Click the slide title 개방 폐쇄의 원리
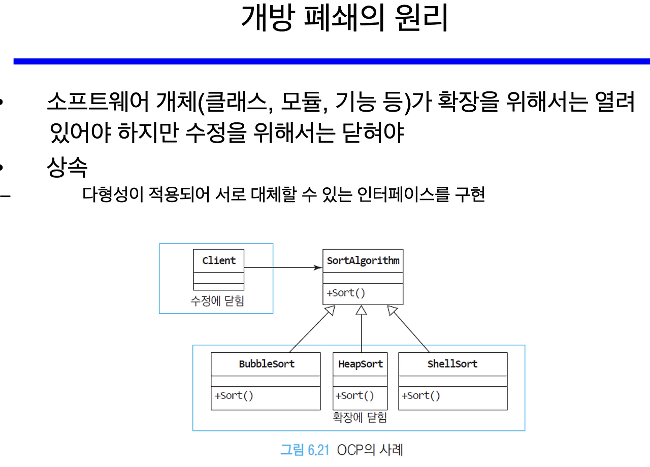tap(344, 19)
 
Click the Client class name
tap(219, 260)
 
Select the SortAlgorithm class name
tap(363, 261)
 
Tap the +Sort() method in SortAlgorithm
tap(346, 293)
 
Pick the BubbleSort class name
tap(267, 364)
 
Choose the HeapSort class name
tap(360, 364)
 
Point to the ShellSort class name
tap(452, 364)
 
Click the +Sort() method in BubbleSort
tap(234, 395)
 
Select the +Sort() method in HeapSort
tap(354, 395)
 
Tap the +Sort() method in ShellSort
tap(421, 395)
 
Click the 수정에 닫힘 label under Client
tap(217, 301)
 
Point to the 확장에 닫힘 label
tap(360, 418)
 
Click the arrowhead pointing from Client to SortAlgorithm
tap(318, 268)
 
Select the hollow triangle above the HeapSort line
tap(361, 311)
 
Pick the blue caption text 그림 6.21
tap(305, 450)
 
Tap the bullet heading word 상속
tap(67, 166)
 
